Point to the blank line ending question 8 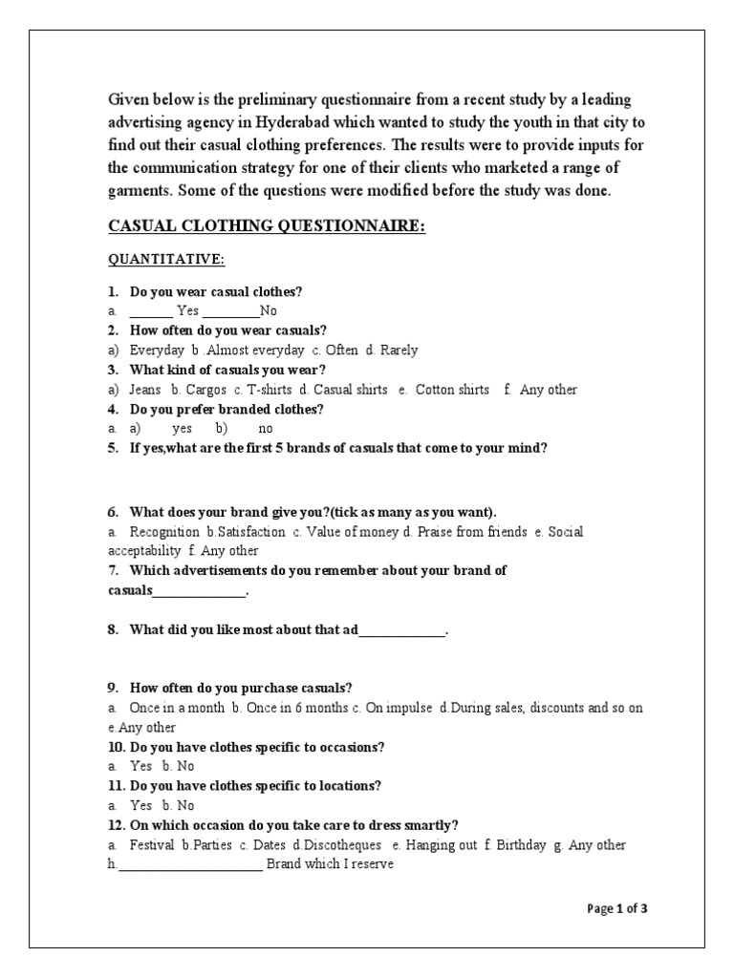(402, 631)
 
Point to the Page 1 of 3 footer (617, 908)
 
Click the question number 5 (113, 447)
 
